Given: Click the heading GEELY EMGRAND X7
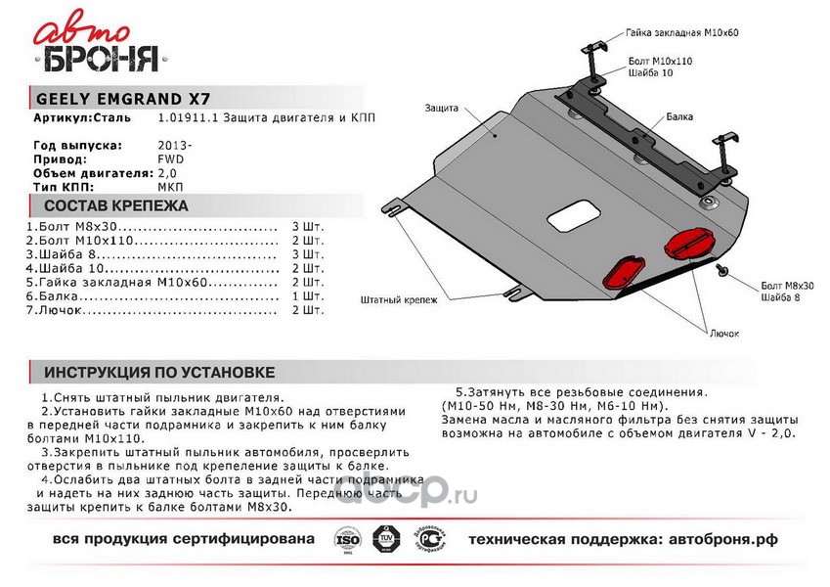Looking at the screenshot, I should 121,99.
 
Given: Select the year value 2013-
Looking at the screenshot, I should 175,145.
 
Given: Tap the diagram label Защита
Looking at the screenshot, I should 443,110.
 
